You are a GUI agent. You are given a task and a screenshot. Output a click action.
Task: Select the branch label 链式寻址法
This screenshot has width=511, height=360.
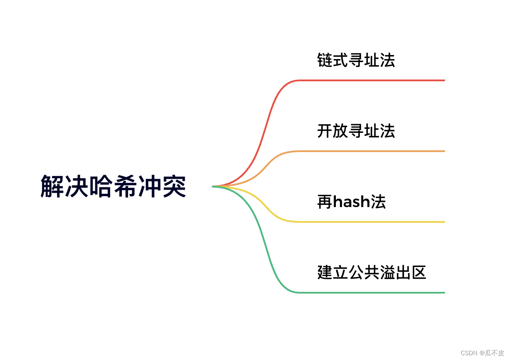pyautogui.click(x=356, y=60)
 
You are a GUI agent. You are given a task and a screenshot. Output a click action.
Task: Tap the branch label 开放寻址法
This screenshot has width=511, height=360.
pyautogui.click(x=356, y=131)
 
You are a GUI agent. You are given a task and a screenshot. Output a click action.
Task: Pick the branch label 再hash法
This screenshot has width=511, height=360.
pyautogui.click(x=352, y=202)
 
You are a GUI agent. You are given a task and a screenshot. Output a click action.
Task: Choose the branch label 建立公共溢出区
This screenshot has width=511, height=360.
pyautogui.click(x=372, y=273)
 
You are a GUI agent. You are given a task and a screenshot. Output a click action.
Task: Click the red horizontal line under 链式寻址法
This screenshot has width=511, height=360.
pyautogui.click(x=371, y=80)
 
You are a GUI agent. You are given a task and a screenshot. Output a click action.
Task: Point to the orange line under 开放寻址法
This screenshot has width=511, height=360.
pyautogui.click(x=371, y=151)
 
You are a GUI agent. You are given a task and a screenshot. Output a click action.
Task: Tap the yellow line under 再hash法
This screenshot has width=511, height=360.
pyautogui.click(x=371, y=222)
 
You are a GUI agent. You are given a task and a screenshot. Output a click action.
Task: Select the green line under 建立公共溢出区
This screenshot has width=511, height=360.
pyautogui.click(x=371, y=293)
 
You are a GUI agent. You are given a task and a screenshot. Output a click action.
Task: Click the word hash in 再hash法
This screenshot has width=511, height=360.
pyautogui.click(x=352, y=202)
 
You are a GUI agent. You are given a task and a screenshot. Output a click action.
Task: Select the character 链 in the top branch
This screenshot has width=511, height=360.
pyautogui.click(x=325, y=60)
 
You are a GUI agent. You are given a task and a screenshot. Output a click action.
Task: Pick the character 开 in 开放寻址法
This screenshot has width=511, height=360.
pyautogui.click(x=325, y=131)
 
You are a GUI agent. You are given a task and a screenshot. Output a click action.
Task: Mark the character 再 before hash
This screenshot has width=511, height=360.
pyautogui.click(x=325, y=202)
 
